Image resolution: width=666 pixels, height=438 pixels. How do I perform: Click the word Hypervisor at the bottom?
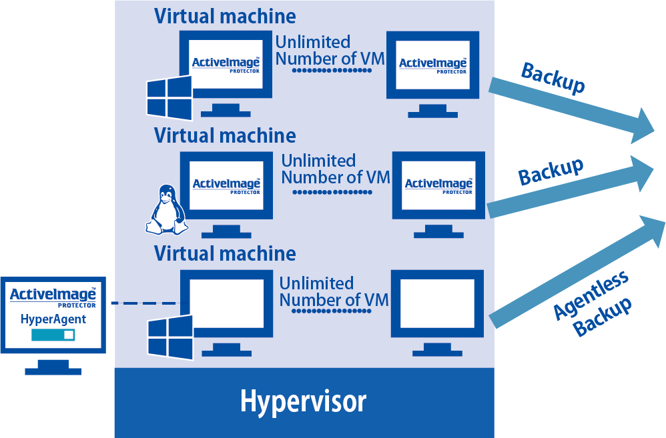[x=304, y=402]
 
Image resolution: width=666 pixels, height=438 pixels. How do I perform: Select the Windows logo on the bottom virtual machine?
[x=170, y=337]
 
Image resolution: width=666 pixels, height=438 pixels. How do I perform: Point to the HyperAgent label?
[x=53, y=319]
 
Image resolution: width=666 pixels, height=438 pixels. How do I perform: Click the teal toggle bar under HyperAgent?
[x=53, y=335]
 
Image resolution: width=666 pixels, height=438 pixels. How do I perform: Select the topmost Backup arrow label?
[x=553, y=79]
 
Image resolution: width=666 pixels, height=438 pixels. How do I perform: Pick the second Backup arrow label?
[x=551, y=171]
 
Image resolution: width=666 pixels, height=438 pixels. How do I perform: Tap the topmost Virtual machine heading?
[x=225, y=15]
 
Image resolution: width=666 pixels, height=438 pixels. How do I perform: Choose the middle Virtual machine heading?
[x=225, y=135]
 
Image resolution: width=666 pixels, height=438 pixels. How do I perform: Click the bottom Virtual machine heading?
[x=225, y=253]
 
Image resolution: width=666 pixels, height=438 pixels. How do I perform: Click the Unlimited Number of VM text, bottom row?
[x=334, y=291]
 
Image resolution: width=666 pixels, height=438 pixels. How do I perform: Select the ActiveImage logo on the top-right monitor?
[x=432, y=65]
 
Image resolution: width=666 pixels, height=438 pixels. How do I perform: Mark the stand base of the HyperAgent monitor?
[x=53, y=371]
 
